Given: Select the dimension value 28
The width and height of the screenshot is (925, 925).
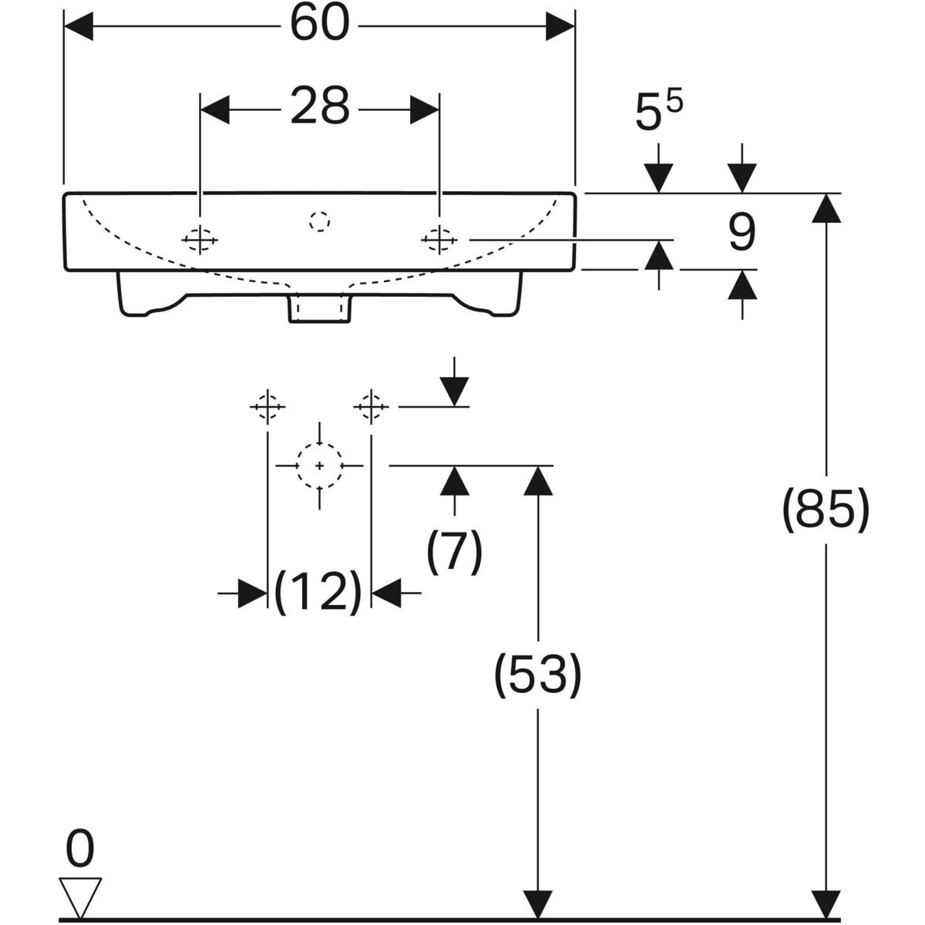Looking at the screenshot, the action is tap(320, 106).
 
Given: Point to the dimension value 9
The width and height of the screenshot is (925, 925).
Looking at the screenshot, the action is tap(742, 233).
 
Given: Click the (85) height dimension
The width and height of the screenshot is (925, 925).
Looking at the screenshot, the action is tap(826, 511).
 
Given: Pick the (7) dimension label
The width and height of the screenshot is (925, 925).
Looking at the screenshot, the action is tap(454, 552).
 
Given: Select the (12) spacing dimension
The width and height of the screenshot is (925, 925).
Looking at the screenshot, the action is tap(318, 592).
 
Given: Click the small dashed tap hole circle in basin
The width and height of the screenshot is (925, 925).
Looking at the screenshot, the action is tap(320, 222).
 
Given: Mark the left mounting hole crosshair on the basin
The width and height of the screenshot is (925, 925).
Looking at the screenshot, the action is tap(200, 240).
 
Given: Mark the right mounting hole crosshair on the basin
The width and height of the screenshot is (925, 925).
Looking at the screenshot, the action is tap(439, 240).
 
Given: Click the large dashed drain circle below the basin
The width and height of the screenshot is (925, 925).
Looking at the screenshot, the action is tap(320, 466).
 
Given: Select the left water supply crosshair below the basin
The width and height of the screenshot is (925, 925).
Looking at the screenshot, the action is tap(267, 407).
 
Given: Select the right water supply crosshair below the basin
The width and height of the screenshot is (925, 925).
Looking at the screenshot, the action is tap(371, 407).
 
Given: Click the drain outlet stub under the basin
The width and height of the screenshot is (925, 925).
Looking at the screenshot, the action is tap(320, 308).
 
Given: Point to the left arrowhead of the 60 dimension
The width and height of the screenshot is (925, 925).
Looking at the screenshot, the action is tap(79, 26).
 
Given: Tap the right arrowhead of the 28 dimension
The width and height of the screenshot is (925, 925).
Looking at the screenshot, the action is tap(425, 110).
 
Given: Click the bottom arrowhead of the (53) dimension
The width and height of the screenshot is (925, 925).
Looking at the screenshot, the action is tap(537, 904).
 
